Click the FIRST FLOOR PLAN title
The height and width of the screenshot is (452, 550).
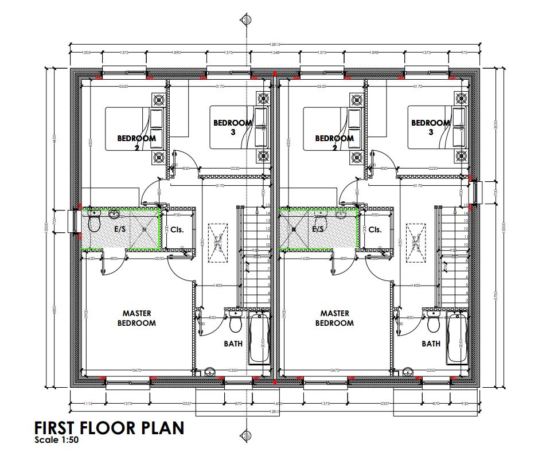click(x=109, y=428)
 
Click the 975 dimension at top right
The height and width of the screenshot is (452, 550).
click(x=465, y=53)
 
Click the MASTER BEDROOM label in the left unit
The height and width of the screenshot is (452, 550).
click(x=136, y=318)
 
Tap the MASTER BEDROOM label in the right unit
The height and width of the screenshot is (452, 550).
click(x=334, y=318)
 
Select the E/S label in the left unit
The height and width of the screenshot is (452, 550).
click(x=120, y=229)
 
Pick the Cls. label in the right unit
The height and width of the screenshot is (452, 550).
click(x=375, y=229)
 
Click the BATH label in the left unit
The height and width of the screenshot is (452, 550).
click(x=233, y=344)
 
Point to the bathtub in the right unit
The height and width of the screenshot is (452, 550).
click(x=457, y=338)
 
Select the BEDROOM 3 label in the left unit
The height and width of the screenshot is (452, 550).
click(x=233, y=127)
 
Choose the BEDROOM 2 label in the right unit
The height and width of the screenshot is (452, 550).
click(x=334, y=142)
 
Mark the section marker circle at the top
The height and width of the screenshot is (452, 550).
click(x=247, y=20)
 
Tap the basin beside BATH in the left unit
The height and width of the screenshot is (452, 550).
click(x=210, y=371)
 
